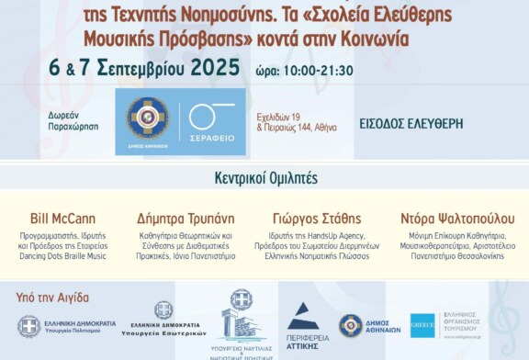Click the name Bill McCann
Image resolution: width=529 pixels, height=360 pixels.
click(63, 219)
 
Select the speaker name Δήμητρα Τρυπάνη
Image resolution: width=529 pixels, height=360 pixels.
click(185, 219)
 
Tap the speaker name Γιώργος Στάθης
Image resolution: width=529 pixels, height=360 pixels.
click(317, 219)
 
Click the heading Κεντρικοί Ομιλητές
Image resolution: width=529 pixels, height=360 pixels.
click(264, 178)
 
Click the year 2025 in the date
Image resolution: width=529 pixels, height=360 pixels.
click(217, 69)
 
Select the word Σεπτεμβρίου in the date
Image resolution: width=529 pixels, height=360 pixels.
click(143, 69)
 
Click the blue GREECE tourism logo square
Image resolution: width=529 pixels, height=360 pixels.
click(423, 325)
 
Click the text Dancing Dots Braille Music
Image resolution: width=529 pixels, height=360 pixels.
click(63, 256)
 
